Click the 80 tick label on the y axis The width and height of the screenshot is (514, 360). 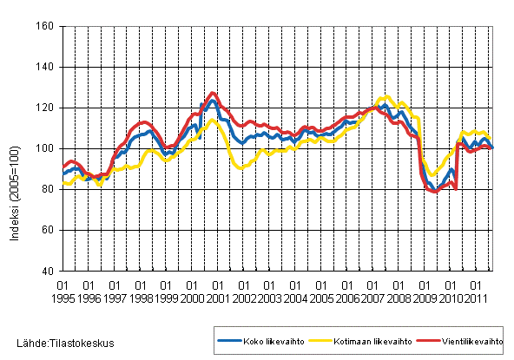coord(48,190)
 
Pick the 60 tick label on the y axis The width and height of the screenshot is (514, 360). coord(48,231)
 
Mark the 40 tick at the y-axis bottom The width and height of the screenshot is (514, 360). coord(48,272)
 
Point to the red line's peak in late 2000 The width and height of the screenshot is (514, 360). coord(214,93)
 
